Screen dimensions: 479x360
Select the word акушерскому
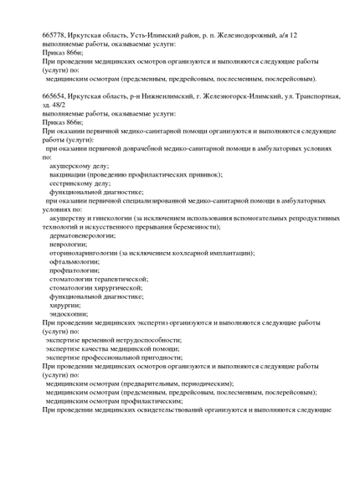point(73,167)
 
